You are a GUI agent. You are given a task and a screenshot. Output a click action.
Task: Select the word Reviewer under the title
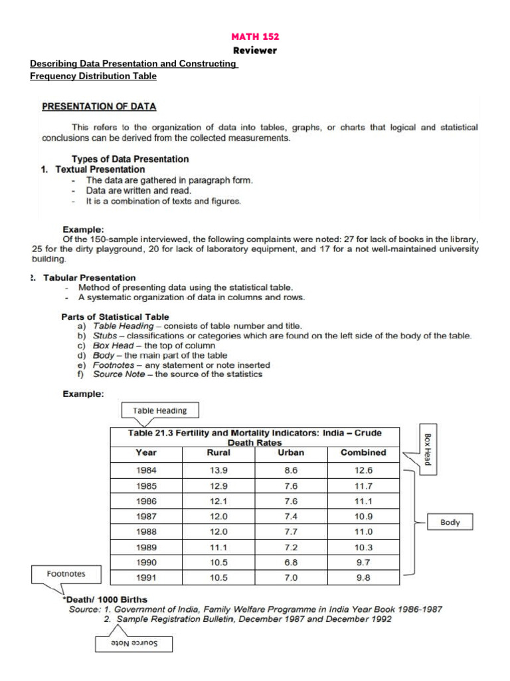tap(255, 51)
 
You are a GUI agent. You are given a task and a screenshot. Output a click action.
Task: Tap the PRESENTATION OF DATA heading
tap(99, 106)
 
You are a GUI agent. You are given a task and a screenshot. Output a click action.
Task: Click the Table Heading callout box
tap(160, 410)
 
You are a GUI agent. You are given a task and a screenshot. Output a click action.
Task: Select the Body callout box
tap(450, 522)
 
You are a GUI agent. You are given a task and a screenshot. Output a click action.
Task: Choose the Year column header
tap(146, 452)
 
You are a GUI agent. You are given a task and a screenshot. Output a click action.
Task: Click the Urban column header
tap(291, 452)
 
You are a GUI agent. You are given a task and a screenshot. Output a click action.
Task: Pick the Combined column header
tap(363, 452)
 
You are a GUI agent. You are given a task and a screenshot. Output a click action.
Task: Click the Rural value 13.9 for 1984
tap(218, 470)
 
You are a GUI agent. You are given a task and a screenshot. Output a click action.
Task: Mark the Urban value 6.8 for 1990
tap(291, 563)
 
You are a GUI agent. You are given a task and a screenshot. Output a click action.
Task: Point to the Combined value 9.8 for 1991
tap(363, 578)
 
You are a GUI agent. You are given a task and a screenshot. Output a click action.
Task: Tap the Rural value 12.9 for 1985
tap(218, 485)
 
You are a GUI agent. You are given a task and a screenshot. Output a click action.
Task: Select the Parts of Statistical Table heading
tap(115, 317)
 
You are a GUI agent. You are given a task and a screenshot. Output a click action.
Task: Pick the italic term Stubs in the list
tap(105, 336)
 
